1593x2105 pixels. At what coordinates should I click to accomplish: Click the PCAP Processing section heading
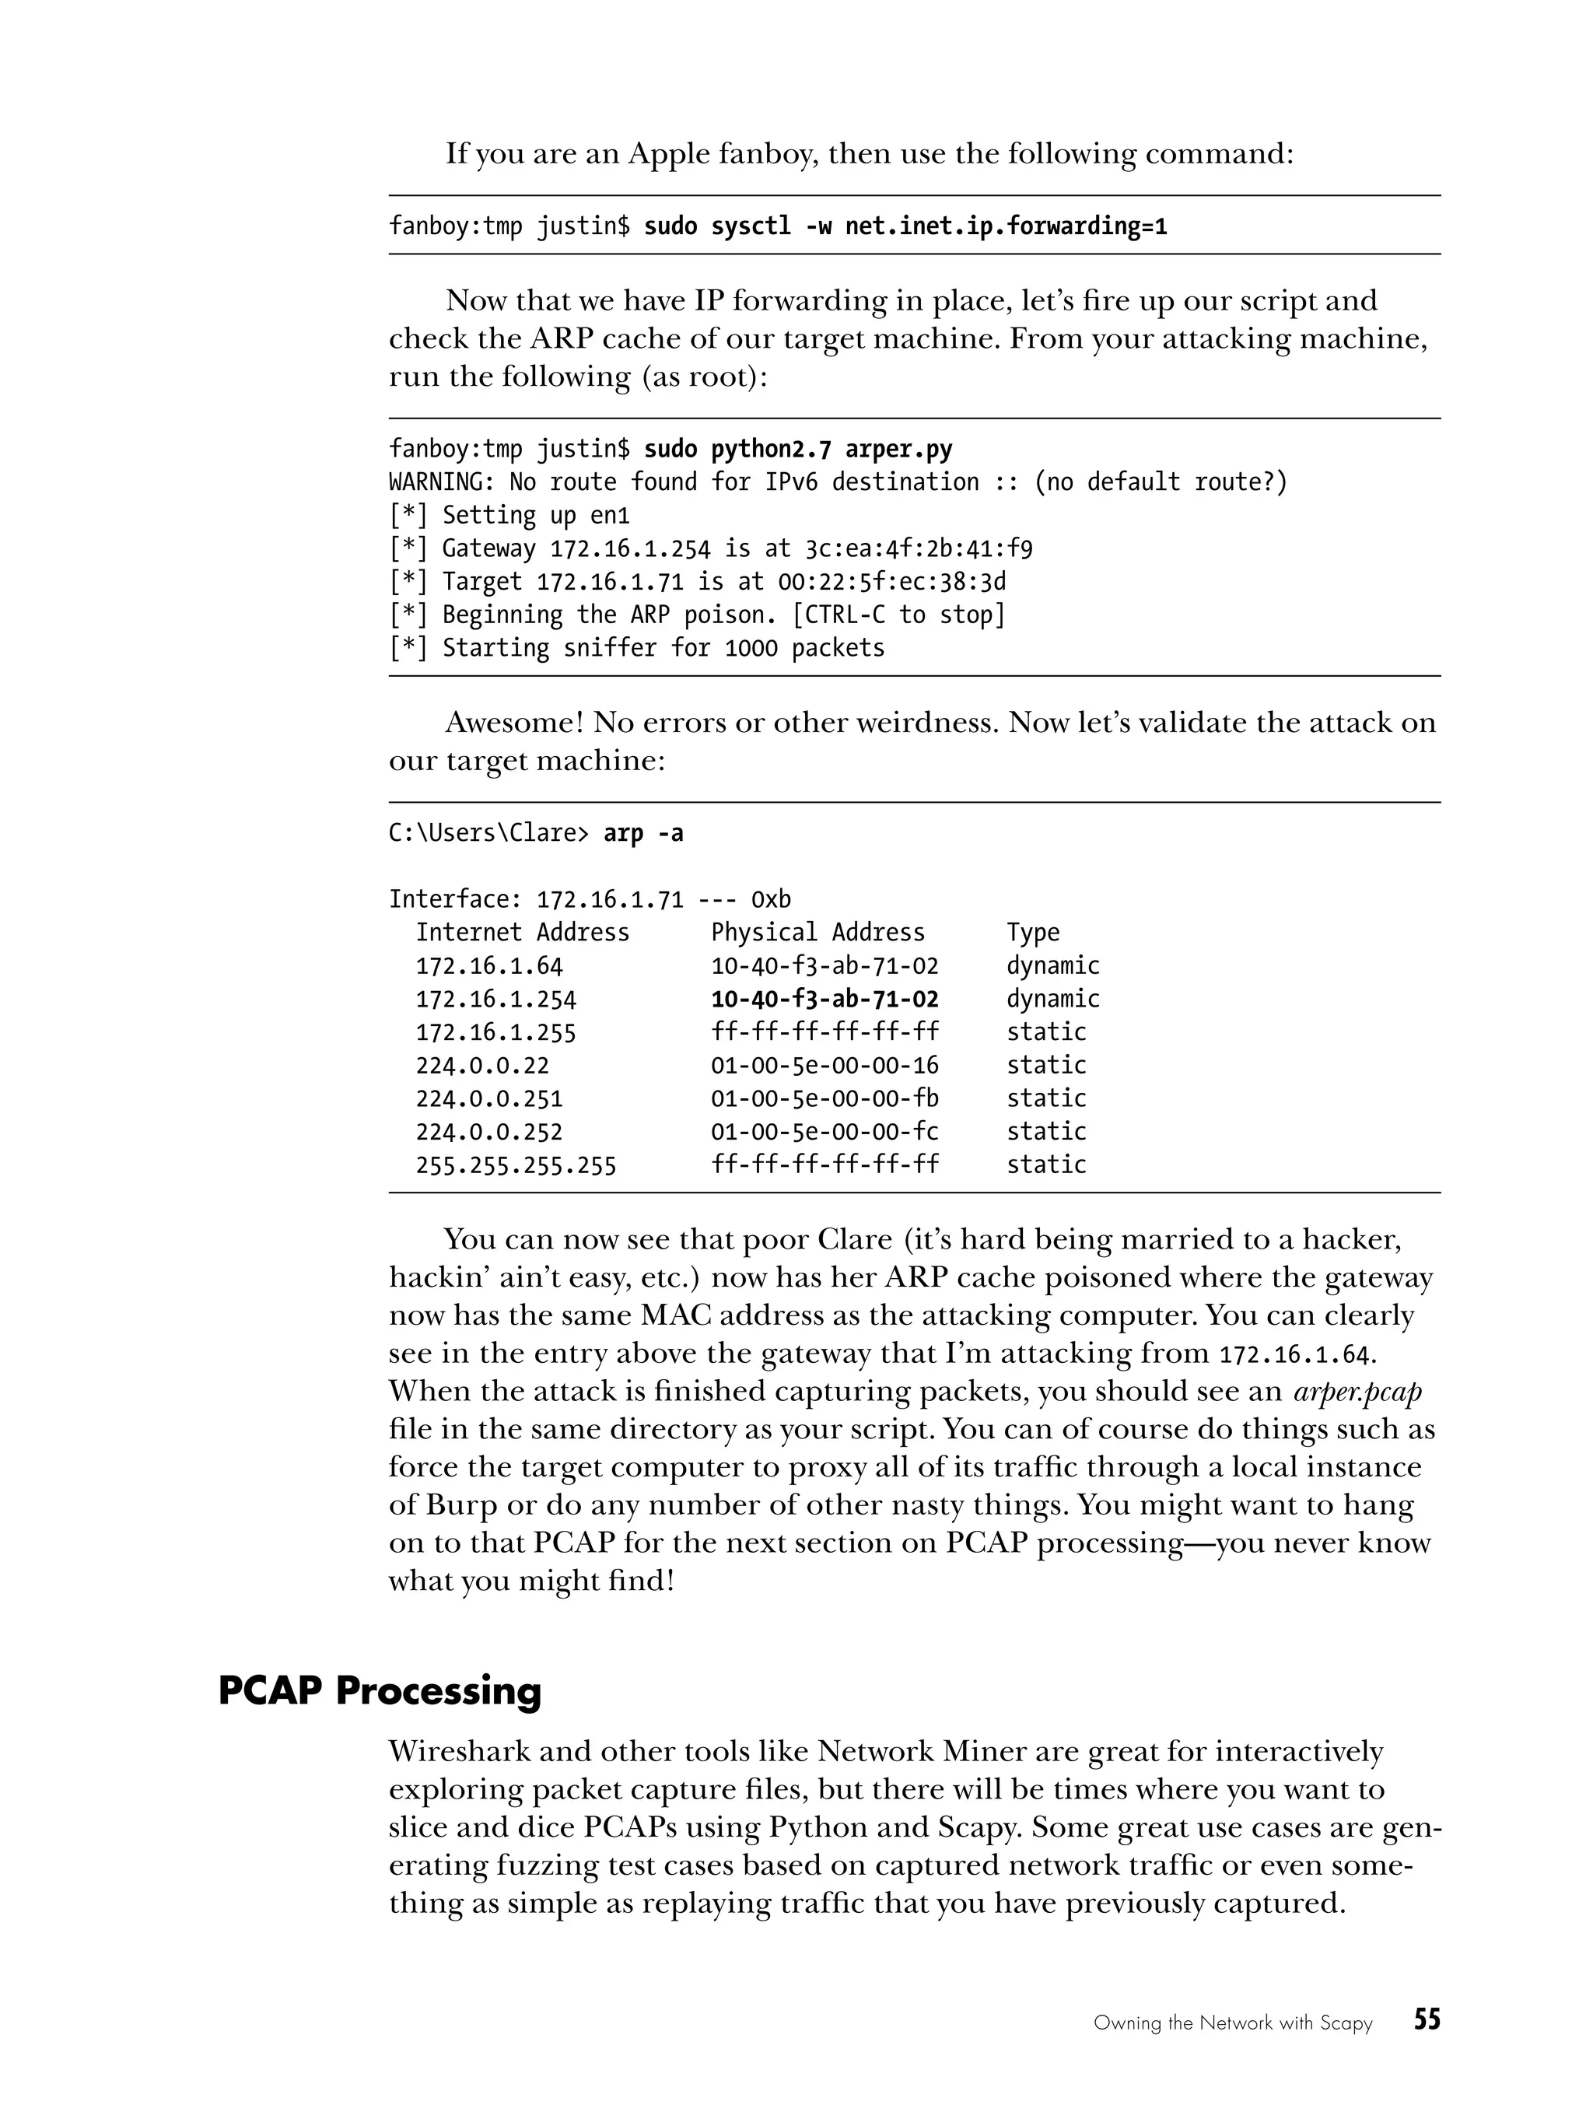pos(379,1691)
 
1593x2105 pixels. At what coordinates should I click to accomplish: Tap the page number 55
pos(1426,2020)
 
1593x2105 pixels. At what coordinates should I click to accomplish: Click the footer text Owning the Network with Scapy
pos(1232,2023)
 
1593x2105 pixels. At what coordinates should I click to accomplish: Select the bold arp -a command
pos(643,834)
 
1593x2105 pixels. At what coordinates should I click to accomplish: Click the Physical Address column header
pos(818,933)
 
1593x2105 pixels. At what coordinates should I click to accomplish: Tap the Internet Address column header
pos(523,933)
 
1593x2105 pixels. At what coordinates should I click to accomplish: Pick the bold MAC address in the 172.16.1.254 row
pos(824,999)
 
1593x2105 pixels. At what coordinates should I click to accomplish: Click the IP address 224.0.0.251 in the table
pos(489,1099)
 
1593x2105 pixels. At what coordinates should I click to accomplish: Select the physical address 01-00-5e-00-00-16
pos(824,1066)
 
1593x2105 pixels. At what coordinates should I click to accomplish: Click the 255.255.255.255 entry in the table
pos(516,1166)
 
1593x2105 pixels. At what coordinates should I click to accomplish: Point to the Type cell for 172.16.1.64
pos(1052,966)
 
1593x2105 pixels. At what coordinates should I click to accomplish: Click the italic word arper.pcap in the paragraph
pos(1357,1392)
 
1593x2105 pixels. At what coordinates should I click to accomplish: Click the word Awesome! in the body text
pos(514,723)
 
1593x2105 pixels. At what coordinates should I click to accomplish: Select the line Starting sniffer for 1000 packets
pos(663,649)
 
